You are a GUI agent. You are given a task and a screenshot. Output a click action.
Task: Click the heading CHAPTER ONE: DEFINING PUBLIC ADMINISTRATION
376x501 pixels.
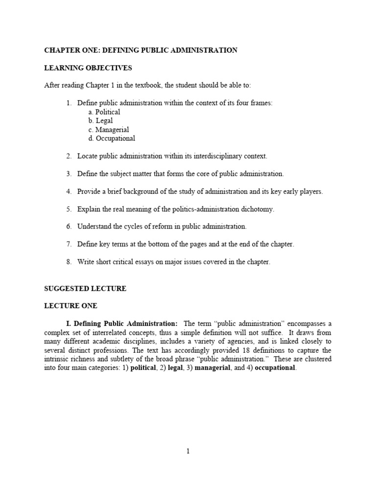[x=141, y=50]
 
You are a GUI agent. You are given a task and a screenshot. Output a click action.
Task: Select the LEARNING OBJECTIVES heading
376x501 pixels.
[x=88, y=68]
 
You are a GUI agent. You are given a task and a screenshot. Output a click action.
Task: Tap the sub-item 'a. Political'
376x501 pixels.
[x=104, y=112]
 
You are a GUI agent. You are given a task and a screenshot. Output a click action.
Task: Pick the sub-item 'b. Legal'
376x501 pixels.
[x=100, y=121]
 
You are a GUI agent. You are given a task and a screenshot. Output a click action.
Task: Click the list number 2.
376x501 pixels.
[x=69, y=156]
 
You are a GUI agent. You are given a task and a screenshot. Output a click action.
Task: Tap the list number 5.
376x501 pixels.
[x=69, y=209]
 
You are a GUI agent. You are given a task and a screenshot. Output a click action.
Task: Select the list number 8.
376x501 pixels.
[x=69, y=262]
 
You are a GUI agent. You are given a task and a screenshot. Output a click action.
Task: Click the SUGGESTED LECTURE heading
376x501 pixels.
[x=85, y=289]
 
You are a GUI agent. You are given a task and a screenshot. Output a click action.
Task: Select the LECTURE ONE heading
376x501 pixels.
[x=71, y=306]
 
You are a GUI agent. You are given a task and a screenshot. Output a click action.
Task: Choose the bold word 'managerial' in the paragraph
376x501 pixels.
[x=212, y=368]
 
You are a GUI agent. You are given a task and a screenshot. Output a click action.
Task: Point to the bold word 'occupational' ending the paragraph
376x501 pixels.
[x=275, y=368]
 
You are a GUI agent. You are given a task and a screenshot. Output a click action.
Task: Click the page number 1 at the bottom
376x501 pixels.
[x=188, y=452]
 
